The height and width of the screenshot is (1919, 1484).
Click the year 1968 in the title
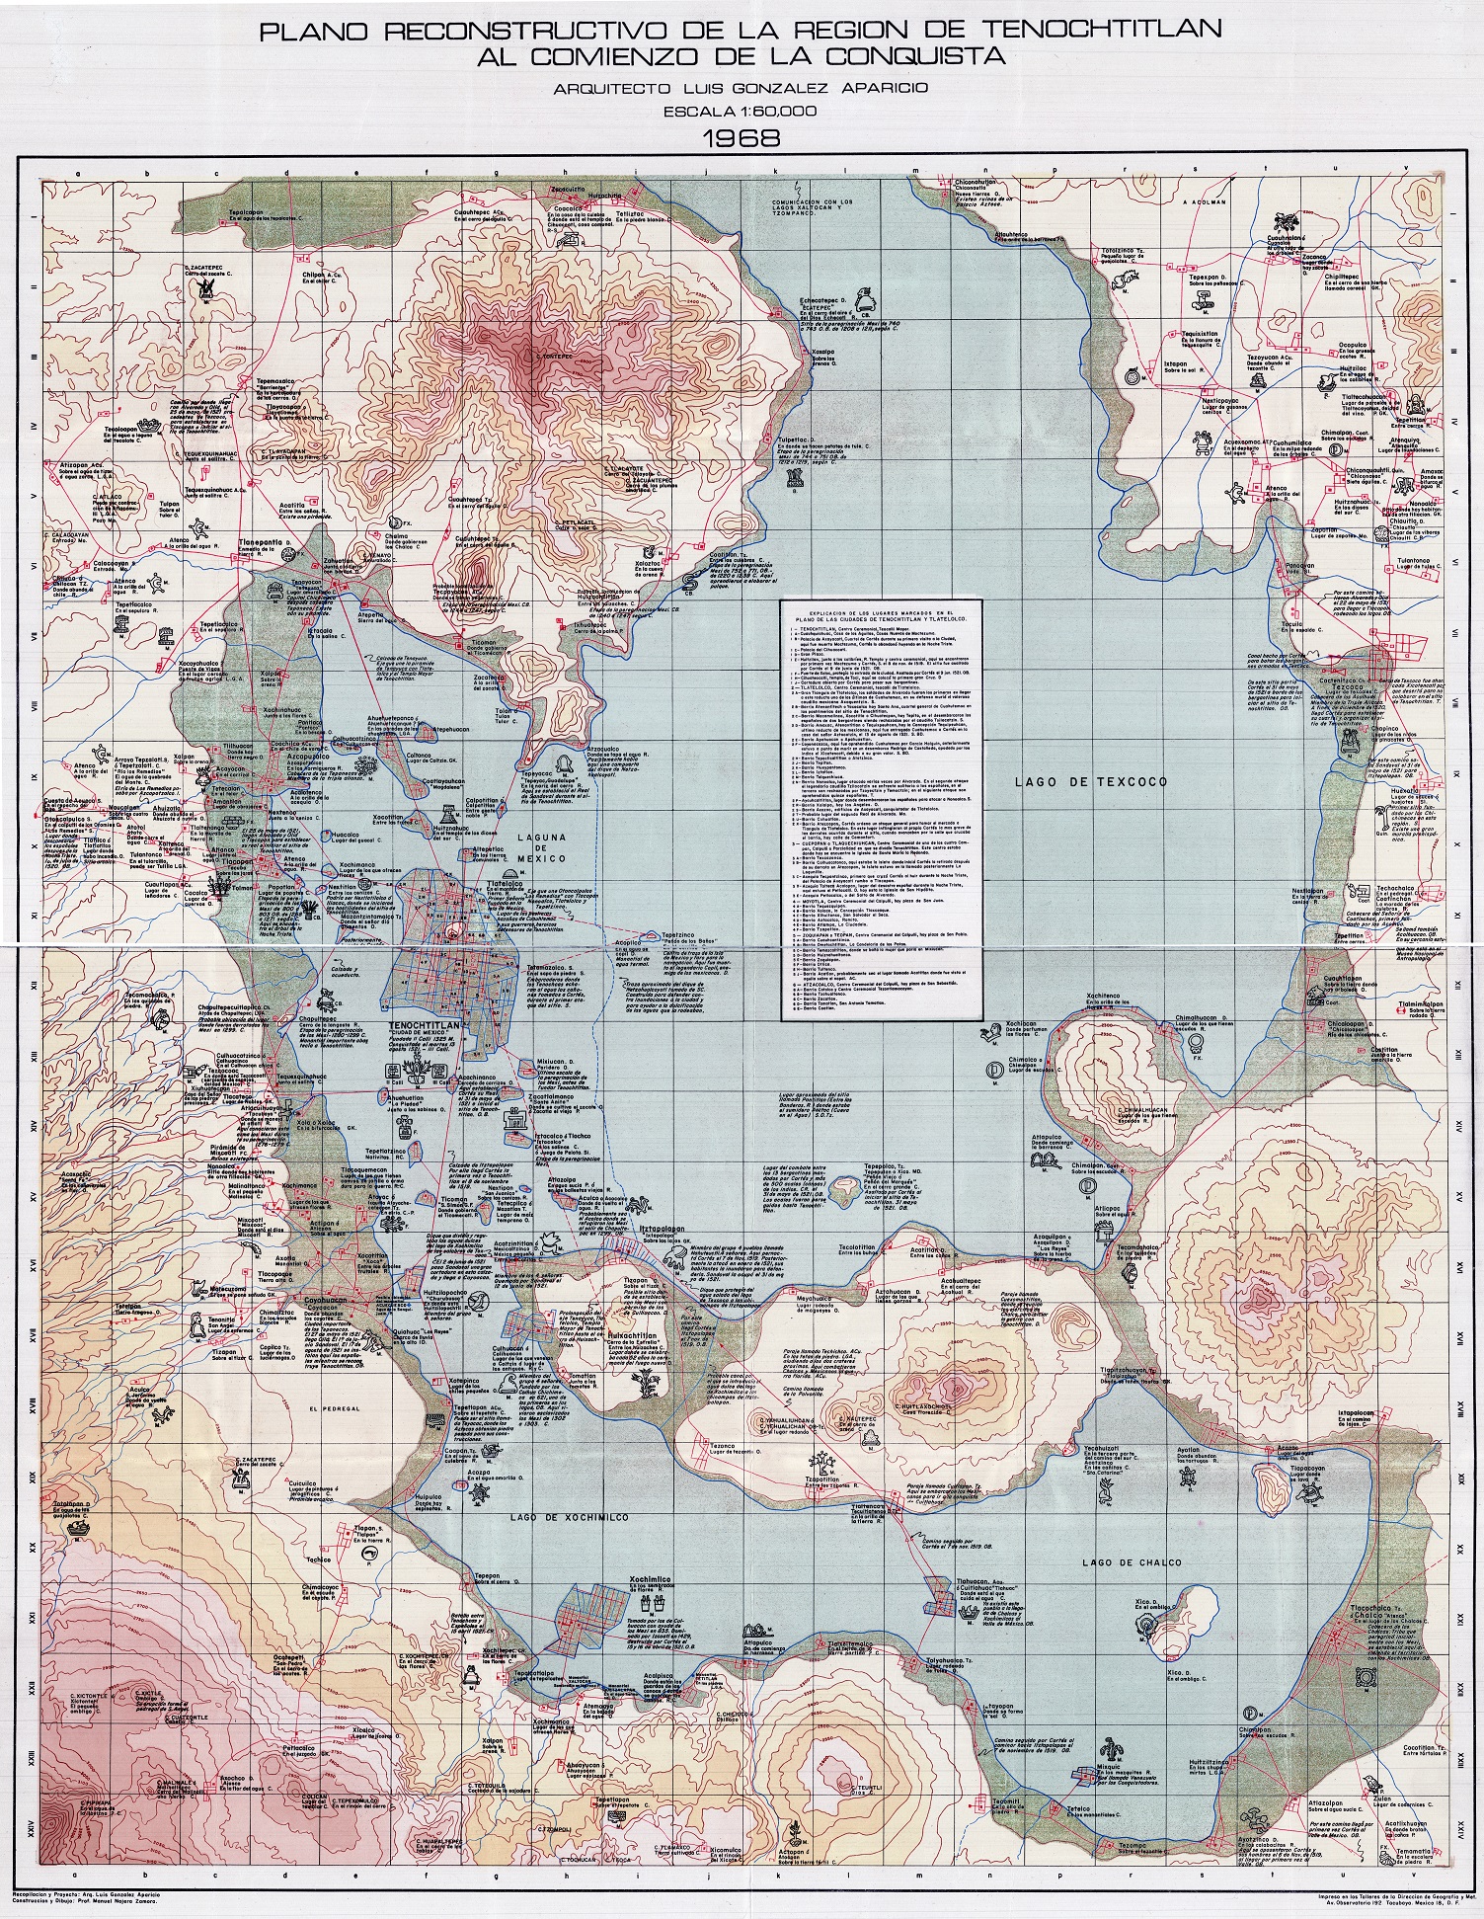pyautogui.click(x=742, y=135)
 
